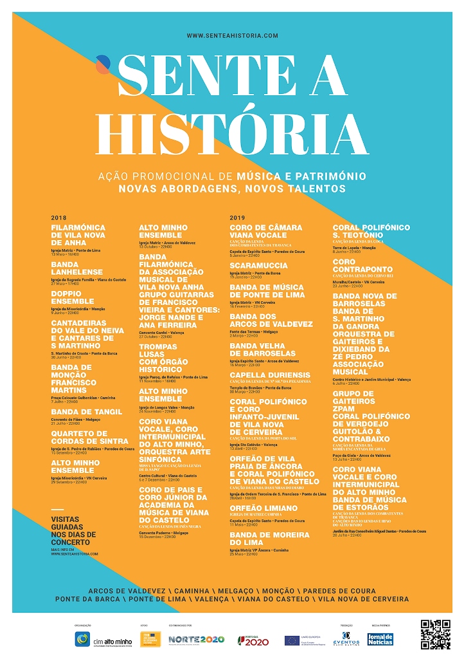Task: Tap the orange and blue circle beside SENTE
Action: [103, 64]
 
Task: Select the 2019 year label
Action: [236, 218]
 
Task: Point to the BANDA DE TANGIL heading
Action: [86, 411]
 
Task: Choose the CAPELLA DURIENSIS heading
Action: [270, 375]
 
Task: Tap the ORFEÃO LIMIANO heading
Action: [263, 508]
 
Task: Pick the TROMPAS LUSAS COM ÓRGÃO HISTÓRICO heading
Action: [161, 358]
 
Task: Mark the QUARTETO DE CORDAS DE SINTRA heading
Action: [89, 437]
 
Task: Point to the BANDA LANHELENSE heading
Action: [77, 268]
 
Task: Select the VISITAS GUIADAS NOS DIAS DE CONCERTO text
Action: [73, 530]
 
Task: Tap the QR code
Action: [436, 635]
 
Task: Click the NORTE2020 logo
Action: [188, 640]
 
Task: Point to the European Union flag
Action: [292, 640]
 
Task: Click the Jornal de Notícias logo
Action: [380, 639]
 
